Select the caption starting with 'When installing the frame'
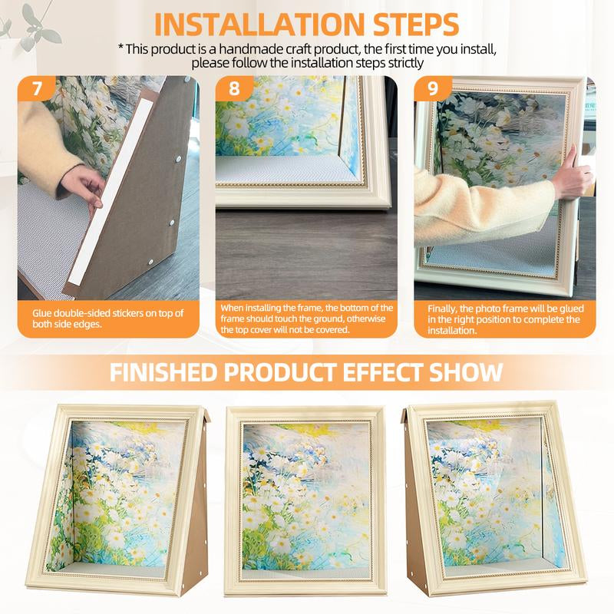point(306,319)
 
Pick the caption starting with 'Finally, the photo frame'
point(503,319)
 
